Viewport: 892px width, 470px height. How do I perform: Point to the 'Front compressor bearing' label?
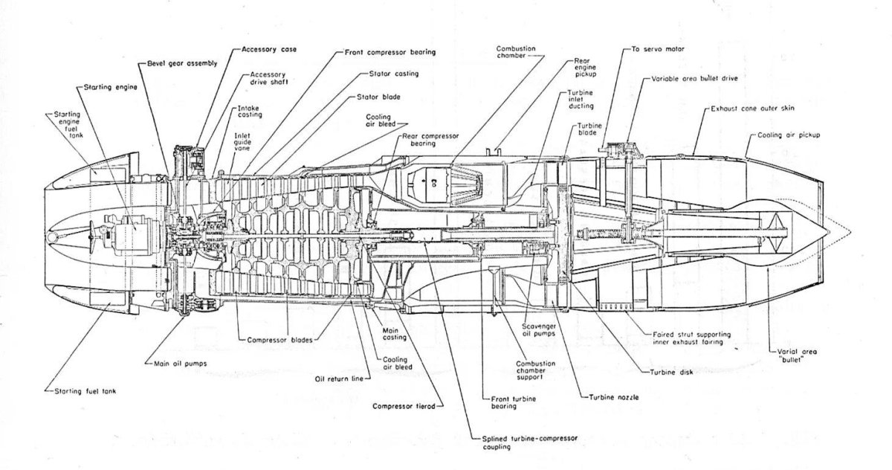pos(390,53)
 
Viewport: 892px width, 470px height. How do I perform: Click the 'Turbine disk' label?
pos(672,372)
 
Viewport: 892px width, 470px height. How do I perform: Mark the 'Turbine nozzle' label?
pos(614,398)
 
